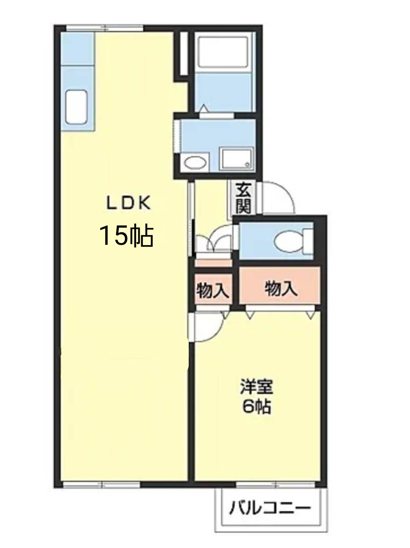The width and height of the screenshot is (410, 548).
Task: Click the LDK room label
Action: (129, 202)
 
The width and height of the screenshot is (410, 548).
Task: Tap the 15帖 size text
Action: (126, 235)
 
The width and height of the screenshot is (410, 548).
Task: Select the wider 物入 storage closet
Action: (280, 285)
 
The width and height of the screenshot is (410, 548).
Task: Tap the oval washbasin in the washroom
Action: (195, 163)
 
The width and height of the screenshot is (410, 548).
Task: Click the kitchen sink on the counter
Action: (77, 107)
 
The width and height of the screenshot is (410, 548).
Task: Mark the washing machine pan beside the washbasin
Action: (237, 159)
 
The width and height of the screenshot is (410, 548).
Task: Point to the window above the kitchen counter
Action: (105, 28)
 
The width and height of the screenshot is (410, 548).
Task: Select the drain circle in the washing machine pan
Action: (248, 164)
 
